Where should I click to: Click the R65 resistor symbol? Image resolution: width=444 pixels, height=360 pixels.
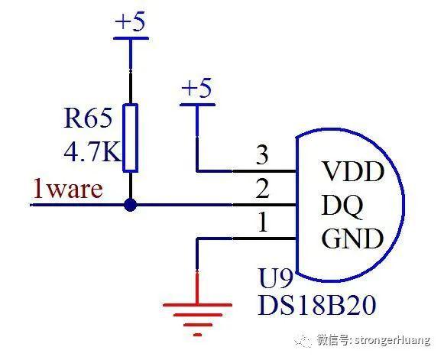[130, 138]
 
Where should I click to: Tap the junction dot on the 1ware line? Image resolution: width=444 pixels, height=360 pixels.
[130, 205]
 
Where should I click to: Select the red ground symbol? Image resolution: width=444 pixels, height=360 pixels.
[197, 319]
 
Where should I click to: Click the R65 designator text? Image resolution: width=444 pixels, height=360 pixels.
[88, 118]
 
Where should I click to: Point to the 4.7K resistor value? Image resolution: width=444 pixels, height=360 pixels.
[92, 152]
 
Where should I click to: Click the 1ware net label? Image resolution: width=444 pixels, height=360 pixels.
[68, 189]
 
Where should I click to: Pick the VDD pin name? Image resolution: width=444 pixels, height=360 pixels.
[353, 171]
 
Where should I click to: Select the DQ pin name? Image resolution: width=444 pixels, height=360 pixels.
[342, 206]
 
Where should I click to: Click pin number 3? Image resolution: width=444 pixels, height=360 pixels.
[262, 154]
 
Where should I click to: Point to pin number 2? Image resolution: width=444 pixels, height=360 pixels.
[262, 188]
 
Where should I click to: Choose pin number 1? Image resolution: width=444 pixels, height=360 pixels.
[263, 222]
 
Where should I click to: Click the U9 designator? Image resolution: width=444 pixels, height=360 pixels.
[275, 278]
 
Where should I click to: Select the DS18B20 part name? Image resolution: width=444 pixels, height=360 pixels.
[317, 305]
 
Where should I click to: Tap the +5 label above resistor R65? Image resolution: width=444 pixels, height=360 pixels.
[130, 21]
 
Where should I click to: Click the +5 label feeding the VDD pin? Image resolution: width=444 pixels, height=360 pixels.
[196, 88]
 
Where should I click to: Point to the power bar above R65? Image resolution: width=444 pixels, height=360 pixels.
[131, 38]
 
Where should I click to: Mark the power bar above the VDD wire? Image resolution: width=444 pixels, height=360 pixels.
[197, 105]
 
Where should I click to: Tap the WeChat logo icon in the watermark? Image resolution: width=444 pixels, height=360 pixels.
[303, 341]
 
